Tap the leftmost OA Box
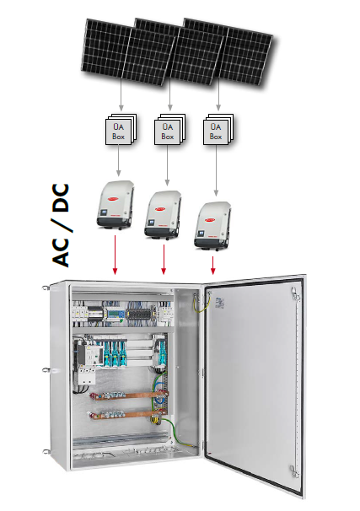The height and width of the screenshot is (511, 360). click(121, 129)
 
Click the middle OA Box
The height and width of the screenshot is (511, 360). click(169, 129)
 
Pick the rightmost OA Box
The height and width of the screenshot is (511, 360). click(218, 129)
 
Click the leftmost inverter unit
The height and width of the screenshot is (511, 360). click(116, 205)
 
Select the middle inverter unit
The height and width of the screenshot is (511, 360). click(163, 215)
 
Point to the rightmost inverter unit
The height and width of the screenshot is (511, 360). click(212, 225)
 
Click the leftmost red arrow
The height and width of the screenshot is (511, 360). click(115, 255)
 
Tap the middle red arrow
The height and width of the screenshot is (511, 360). click(164, 260)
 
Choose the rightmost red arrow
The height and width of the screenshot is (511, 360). click(213, 266)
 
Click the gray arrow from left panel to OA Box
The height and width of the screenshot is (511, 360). click(121, 95)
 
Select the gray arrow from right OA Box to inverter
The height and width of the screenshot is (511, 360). click(216, 171)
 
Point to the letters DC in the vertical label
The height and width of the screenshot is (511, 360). click(61, 198)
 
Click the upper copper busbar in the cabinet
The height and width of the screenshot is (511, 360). click(130, 396)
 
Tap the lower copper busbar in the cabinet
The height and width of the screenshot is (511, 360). click(127, 415)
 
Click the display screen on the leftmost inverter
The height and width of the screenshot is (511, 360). click(104, 212)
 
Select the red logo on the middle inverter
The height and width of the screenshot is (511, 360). click(160, 209)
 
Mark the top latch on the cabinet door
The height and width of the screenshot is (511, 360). click(295, 295)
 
